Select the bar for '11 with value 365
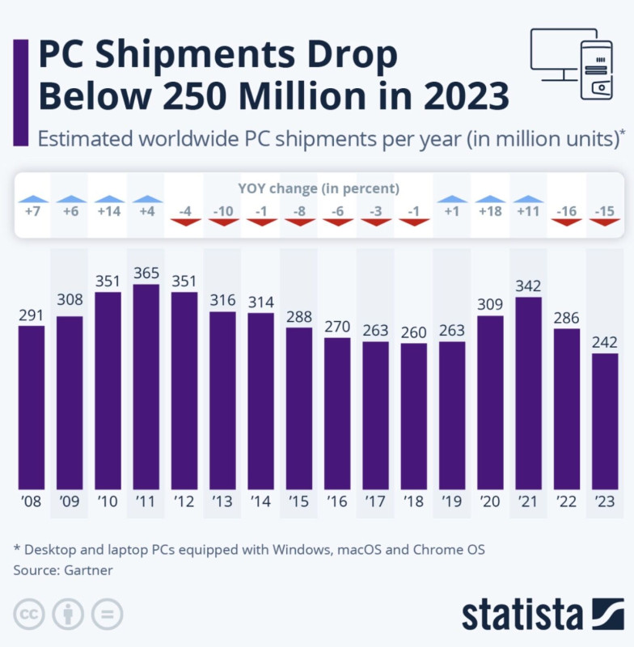pos(146,388)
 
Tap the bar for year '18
pos(414,417)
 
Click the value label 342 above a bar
pos(528,286)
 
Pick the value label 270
pos(337,327)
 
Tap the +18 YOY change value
pos(490,212)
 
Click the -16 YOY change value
pos(567,212)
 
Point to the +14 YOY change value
pos(108,212)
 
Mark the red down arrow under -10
pos(222,222)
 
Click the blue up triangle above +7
pos(32,199)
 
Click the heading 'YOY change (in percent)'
pos(319,188)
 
